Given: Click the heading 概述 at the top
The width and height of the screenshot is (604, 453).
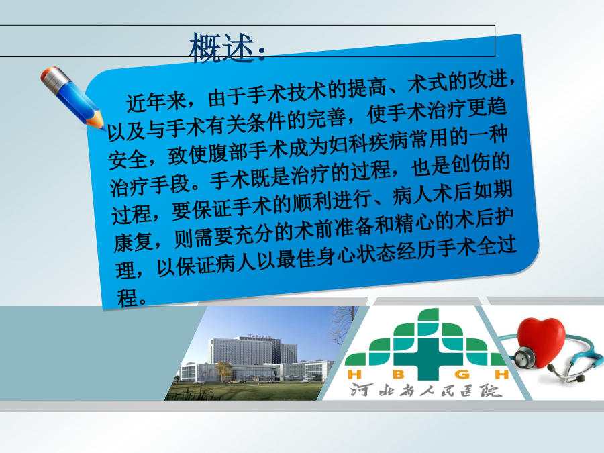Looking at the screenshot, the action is pos(221,48).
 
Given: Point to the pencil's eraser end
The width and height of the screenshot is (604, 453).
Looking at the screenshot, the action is pos(49,74).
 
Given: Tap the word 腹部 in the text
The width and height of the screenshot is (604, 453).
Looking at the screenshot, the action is pos(228,152).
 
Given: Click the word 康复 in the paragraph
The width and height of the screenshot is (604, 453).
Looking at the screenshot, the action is pos(134,242).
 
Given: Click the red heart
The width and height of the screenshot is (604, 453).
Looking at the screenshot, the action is pos(541,342).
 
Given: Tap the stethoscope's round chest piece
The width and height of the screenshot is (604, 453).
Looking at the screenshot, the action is pos(525,358).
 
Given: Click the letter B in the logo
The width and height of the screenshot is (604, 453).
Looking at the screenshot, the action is pos(399,374).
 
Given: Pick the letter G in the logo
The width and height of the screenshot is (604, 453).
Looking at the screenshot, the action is pos(462,374).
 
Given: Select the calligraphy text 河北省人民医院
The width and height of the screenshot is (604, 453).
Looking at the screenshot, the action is pos(426,390).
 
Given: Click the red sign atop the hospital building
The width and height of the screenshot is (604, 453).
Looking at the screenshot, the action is pos(260,336).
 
